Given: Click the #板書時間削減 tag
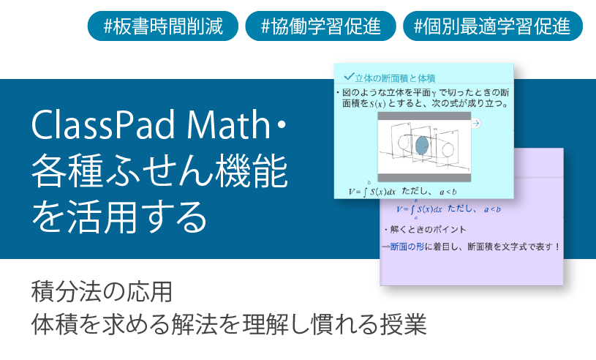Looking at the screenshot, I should coord(163,26).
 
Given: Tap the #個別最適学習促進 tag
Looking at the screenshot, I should coord(492,26).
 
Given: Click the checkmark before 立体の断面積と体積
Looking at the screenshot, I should coord(348,75).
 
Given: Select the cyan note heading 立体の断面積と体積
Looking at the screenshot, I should coord(395,78).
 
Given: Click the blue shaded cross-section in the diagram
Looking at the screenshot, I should coord(422,146).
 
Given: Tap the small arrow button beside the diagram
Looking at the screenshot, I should coord(476,124).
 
